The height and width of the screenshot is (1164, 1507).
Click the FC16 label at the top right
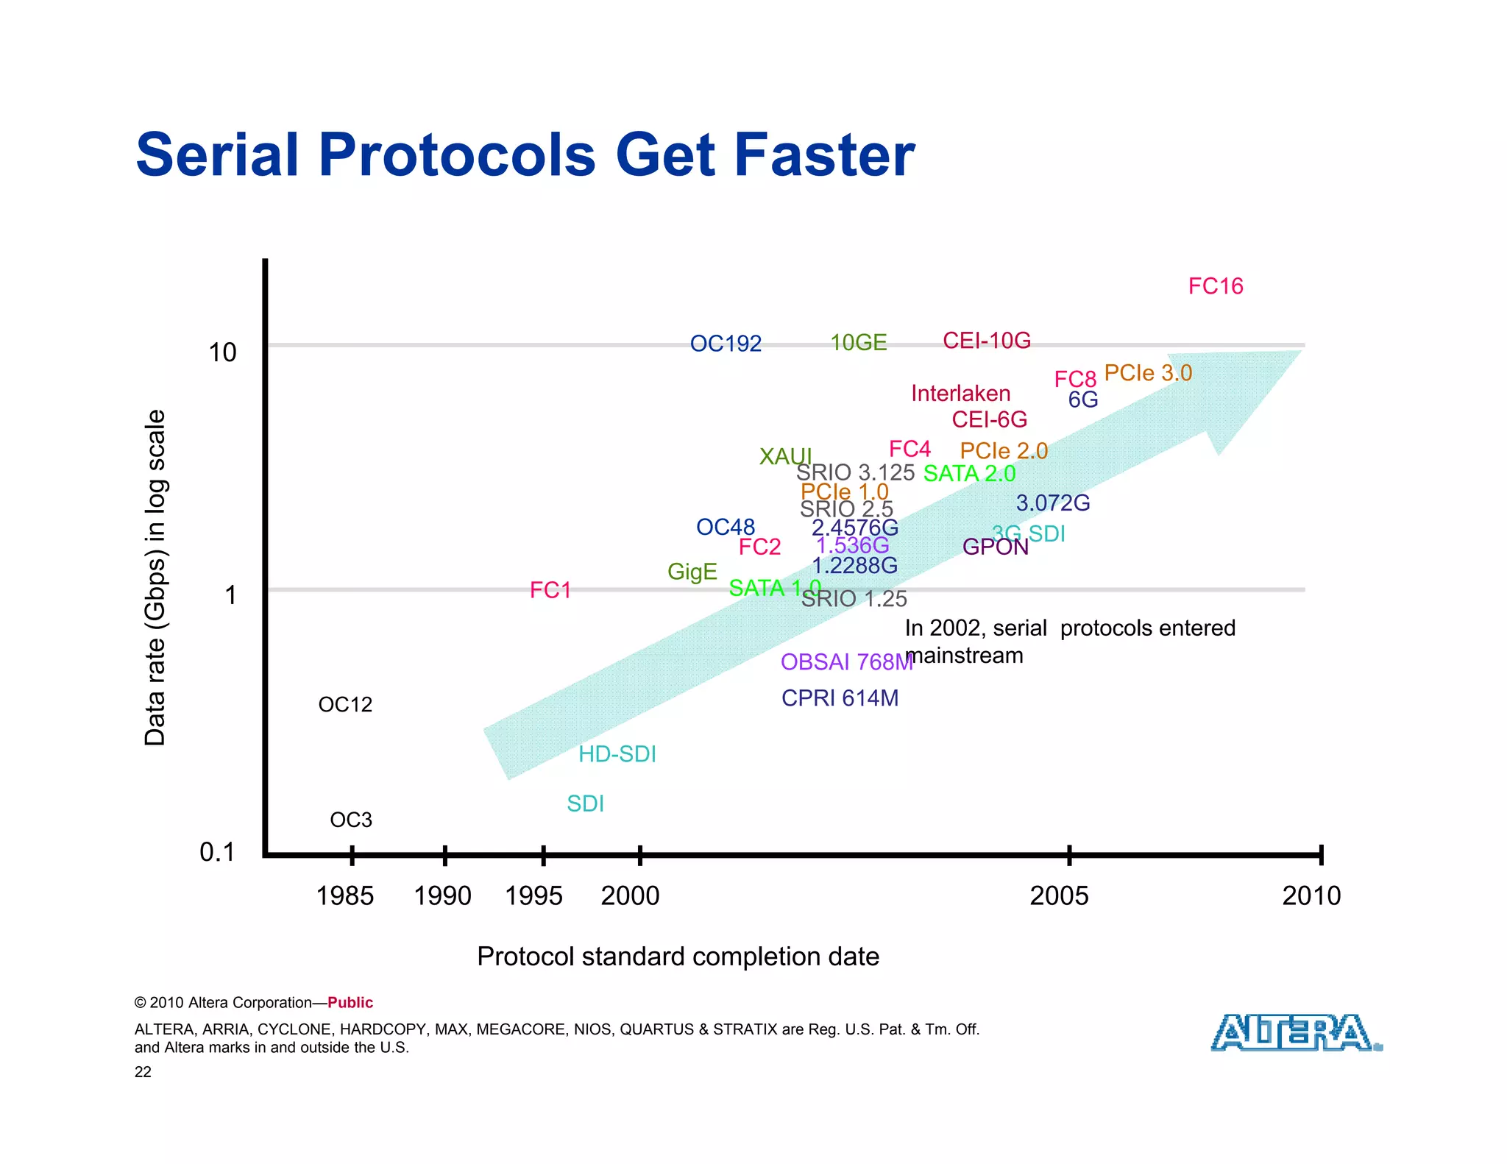[1216, 286]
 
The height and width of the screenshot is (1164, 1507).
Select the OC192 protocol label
[726, 344]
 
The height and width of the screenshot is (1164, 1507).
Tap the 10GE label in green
[859, 343]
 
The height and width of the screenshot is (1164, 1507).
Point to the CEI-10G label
[987, 341]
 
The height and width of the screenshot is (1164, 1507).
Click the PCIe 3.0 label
[1148, 373]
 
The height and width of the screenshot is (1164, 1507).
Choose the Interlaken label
[960, 394]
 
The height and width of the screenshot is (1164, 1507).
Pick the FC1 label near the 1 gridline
[550, 590]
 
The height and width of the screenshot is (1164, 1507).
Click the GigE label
[692, 572]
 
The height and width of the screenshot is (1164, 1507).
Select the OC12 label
[345, 705]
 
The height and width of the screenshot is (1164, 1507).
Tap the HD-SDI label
[617, 754]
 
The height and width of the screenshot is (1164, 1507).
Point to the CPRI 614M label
[840, 698]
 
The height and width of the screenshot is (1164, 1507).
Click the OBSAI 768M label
[846, 662]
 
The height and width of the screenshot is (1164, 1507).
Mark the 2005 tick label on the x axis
[1059, 896]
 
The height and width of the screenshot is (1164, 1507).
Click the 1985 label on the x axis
[344, 896]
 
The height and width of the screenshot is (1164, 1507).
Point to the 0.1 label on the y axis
[217, 852]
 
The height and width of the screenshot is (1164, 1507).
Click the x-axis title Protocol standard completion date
[678, 957]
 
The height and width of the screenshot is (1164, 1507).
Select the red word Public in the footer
[350, 1003]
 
